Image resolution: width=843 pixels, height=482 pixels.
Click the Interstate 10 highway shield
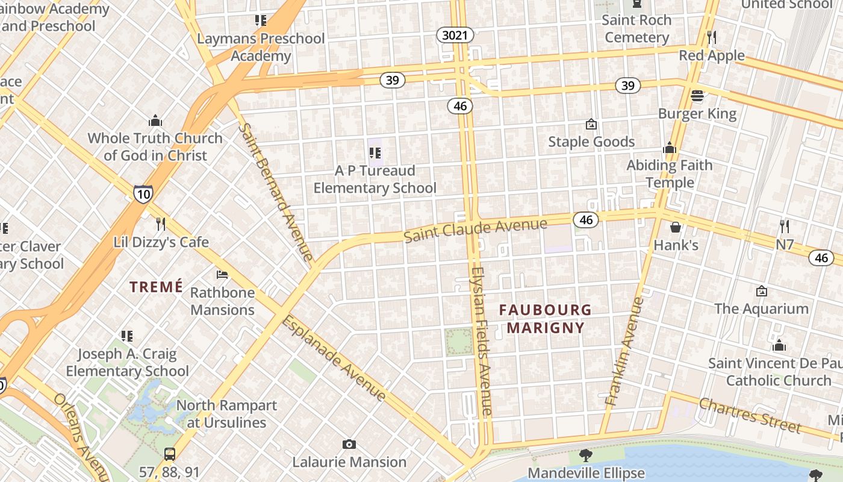[x=143, y=193]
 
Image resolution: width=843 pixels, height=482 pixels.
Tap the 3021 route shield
[x=455, y=36]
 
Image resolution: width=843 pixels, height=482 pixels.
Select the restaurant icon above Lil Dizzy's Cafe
[x=161, y=224]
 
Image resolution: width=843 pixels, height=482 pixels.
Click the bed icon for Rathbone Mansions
[x=222, y=275]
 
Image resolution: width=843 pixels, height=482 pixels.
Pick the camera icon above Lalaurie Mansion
[x=349, y=445]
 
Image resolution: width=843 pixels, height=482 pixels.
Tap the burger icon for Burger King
[x=697, y=96]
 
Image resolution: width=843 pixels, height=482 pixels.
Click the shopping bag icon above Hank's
[x=676, y=227]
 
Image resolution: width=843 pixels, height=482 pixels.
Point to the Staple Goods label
[x=591, y=142]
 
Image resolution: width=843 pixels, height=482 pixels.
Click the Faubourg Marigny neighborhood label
[x=546, y=319]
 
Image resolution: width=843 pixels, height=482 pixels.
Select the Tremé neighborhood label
[x=156, y=287]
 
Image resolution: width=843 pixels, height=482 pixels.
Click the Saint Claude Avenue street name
[x=475, y=230]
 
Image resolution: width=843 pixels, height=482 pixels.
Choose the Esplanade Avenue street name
[x=334, y=357]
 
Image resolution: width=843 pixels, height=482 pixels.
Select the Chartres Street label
[x=750, y=416]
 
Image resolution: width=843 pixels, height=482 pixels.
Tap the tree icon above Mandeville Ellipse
[x=585, y=455]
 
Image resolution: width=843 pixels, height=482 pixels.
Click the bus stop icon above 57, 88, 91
[x=170, y=454]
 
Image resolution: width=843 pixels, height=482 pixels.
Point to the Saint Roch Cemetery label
[x=637, y=28]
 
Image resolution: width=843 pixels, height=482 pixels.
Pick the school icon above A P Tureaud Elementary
[x=375, y=153]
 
